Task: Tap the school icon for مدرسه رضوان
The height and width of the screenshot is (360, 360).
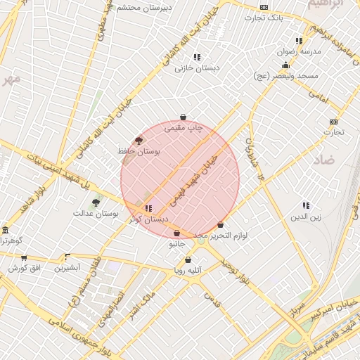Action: pos(299,41)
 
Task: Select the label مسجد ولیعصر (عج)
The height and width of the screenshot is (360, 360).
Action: pos(287,75)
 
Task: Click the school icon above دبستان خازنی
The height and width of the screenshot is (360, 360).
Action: pos(197,57)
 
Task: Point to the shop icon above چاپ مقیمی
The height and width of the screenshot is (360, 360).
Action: pos(183,117)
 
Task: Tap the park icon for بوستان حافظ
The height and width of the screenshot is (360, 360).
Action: pos(139,140)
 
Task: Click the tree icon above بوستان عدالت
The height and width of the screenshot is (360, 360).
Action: pos(96,202)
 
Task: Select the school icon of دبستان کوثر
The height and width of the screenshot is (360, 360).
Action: pos(148,208)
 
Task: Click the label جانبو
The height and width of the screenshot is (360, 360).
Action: pos(176,244)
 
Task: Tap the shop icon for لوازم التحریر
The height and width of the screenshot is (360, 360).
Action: pos(220,225)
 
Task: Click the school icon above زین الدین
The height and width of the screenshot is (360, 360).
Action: pos(306,205)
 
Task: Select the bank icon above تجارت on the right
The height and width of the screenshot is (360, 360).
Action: pos(333,121)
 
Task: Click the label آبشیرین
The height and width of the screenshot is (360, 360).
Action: pos(68,268)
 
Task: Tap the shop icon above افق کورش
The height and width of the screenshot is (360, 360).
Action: pos(24,258)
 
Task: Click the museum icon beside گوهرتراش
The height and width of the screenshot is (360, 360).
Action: pos(5,231)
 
